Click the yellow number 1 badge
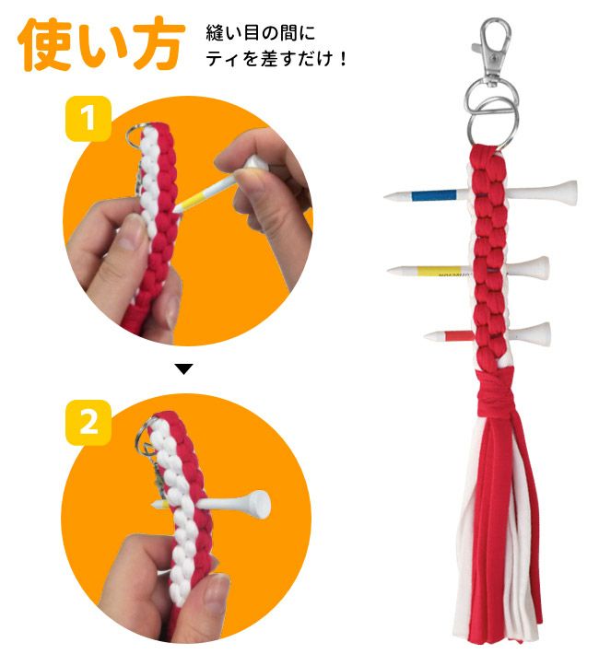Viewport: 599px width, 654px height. click(x=88, y=119)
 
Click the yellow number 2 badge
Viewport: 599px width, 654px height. click(x=88, y=422)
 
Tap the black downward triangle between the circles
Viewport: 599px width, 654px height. click(x=183, y=369)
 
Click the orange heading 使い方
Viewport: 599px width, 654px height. click(x=100, y=43)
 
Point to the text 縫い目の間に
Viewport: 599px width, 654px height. click(x=260, y=32)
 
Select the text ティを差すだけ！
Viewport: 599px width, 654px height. click(x=276, y=59)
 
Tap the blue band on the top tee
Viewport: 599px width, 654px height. click(x=433, y=194)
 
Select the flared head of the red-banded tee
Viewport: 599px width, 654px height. click(x=536, y=333)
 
